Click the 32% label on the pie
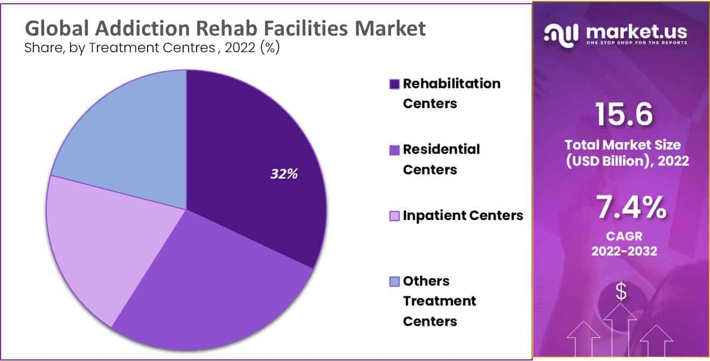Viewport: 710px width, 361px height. pyautogui.click(x=284, y=174)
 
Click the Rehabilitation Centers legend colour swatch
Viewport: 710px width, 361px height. pyautogui.click(x=394, y=84)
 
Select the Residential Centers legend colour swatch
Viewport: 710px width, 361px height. pyautogui.click(x=394, y=150)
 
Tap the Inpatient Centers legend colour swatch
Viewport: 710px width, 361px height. pyautogui.click(x=394, y=216)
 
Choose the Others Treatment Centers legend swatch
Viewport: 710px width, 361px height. pyautogui.click(x=394, y=281)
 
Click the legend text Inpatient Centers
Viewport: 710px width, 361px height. pyautogui.click(x=463, y=216)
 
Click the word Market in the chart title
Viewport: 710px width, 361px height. pyautogui.click(x=390, y=28)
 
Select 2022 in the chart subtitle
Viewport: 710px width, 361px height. pyautogui.click(x=240, y=48)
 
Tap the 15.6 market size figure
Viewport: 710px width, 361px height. pyautogui.click(x=624, y=114)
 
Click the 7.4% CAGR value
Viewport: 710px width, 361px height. pyautogui.click(x=631, y=208)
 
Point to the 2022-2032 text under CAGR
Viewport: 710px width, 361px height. pyautogui.click(x=624, y=251)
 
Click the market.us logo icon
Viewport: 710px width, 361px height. pyautogui.click(x=561, y=35)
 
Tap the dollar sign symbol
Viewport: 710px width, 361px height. pyautogui.click(x=621, y=291)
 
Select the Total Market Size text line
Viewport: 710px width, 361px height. pyautogui.click(x=623, y=145)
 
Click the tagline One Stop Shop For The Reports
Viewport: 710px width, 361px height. pyautogui.click(x=637, y=43)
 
